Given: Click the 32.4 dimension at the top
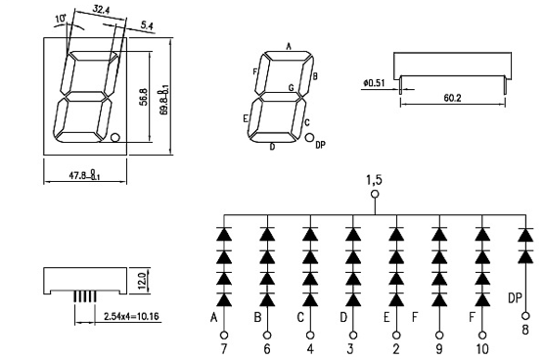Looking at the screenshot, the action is point(101,10).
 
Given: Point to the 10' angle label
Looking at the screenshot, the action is point(61,19).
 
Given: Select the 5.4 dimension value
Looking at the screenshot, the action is point(147,25).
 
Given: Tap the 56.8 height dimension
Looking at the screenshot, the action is point(145,97).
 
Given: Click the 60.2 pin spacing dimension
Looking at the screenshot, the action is point(453,98).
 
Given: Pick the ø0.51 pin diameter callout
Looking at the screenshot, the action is point(374,83).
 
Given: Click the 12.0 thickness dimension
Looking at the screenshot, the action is point(142,281).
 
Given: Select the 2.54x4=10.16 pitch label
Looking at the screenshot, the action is point(131,316).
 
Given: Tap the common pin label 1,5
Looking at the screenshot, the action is point(375,180).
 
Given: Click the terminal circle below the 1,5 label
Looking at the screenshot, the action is point(375,194).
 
